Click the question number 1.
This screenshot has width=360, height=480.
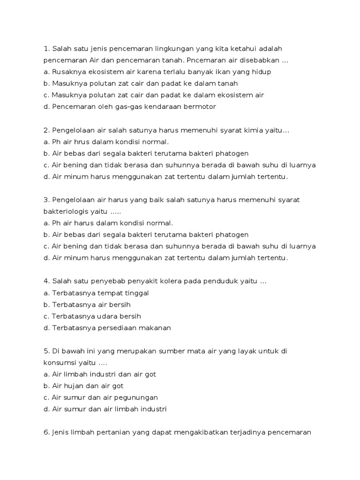(x=46, y=49)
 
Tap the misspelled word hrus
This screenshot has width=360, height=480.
(x=88, y=142)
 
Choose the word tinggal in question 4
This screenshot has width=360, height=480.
(x=136, y=293)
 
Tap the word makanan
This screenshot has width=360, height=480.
(x=156, y=328)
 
